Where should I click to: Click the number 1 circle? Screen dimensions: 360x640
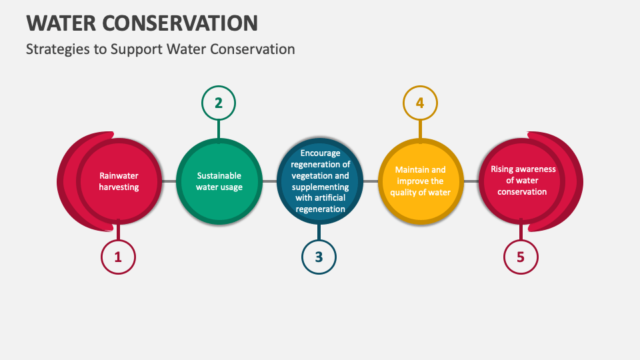[x=118, y=257]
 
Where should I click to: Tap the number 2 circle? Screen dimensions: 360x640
[x=219, y=103]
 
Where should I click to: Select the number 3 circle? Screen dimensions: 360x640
[x=319, y=257]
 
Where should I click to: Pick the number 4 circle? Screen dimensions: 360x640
[x=420, y=103]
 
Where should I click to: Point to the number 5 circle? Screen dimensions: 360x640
[x=521, y=257]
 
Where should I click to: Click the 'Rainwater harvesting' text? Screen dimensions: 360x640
[x=119, y=181]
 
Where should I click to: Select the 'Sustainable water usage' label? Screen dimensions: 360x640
[x=219, y=181]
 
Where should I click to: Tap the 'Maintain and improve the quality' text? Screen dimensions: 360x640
[x=420, y=181]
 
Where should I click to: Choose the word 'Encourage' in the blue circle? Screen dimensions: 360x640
[x=320, y=153]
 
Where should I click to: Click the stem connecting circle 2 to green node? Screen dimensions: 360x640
[x=219, y=129]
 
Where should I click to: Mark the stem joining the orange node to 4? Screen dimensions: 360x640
[x=420, y=129]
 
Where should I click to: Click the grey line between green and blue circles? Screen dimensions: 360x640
[x=269, y=181]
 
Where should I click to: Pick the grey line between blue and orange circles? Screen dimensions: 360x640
[x=370, y=181]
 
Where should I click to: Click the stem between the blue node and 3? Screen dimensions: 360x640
[x=319, y=231]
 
